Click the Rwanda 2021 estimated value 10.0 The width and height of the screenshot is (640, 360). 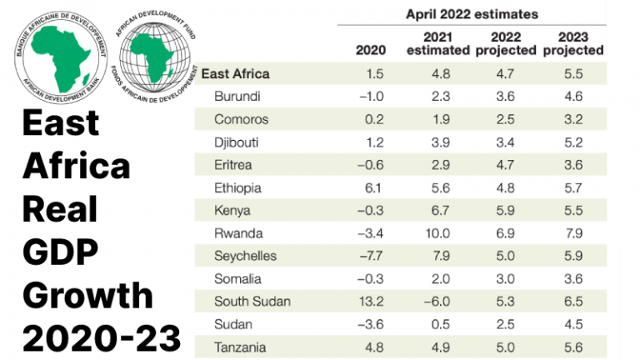coord(437,233)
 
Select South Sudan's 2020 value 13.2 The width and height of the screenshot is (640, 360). coord(371,301)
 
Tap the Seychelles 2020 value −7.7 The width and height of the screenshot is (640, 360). coord(370,256)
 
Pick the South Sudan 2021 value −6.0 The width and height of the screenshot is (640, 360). coord(436,301)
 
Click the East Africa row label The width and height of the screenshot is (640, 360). coord(236,73)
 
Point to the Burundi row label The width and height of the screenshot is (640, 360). coord(237,97)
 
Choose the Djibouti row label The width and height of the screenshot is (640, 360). coord(237,142)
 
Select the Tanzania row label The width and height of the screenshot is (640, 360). coord(241,346)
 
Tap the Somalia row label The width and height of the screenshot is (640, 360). coord(238,278)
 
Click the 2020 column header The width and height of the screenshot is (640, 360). coord(371,50)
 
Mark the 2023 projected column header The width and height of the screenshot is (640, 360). coord(572,43)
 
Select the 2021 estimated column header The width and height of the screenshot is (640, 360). coord(437,43)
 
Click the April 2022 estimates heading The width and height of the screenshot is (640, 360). coord(472,13)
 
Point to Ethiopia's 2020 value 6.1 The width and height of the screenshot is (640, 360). coord(374,187)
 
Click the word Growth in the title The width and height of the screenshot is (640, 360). coord(88,294)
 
